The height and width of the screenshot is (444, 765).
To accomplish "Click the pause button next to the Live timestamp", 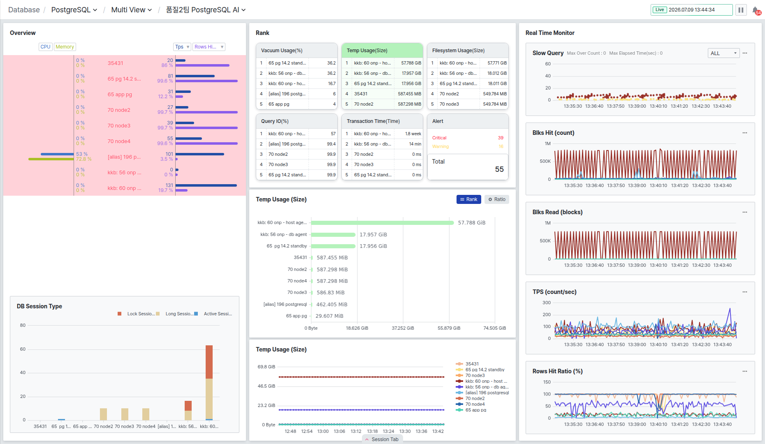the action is tap(741, 10).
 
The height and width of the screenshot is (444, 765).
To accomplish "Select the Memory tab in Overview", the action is tap(65, 47).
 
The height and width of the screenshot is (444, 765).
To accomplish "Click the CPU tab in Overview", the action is tap(45, 47).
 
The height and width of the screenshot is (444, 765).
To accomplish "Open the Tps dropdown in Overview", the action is tap(182, 47).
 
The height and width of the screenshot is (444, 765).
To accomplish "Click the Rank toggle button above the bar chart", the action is tap(468, 199).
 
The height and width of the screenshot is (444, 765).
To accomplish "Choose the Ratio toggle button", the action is tap(497, 199).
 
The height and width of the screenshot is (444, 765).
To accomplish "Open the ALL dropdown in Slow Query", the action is tap(723, 53).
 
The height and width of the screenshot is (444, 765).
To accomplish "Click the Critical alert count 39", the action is tap(501, 138).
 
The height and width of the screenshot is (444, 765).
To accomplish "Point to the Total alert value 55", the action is tap(499, 169).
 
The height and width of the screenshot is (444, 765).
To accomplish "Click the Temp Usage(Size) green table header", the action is tap(382, 51).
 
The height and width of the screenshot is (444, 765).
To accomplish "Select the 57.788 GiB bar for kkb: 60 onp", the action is tap(382, 223).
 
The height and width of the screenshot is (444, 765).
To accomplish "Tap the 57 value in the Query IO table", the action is tap(333, 134).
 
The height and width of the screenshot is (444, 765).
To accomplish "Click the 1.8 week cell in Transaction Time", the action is tap(413, 134).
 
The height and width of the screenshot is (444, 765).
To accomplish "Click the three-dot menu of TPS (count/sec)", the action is tap(745, 292).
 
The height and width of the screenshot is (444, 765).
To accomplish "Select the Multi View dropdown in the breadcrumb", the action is tap(132, 10).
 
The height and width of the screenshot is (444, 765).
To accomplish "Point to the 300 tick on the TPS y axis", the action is tap(547, 303).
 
